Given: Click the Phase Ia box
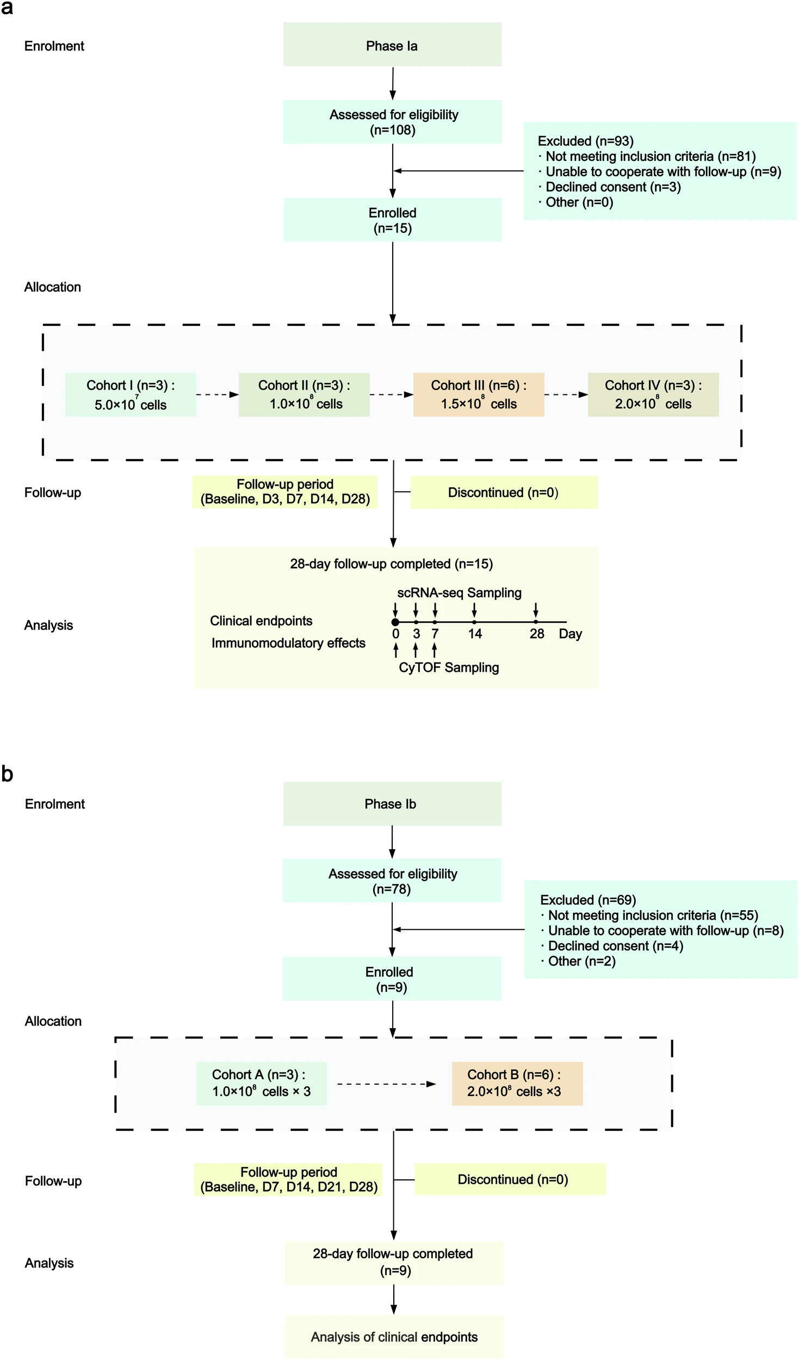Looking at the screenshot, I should [x=392, y=45].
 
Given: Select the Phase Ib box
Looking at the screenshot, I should [x=392, y=803].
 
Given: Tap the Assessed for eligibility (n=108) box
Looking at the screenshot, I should [x=392, y=122].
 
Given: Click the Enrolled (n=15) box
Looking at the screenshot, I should [x=392, y=220].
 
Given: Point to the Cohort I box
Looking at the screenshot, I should [x=131, y=394].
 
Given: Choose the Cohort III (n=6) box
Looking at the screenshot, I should [x=479, y=394].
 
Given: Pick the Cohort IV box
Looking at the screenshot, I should [x=653, y=394].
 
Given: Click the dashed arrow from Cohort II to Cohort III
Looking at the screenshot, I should [x=391, y=394].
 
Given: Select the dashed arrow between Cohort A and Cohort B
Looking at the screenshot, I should [x=386, y=1084].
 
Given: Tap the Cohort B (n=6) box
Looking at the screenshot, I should [x=517, y=1083].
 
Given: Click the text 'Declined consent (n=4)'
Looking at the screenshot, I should [x=615, y=946].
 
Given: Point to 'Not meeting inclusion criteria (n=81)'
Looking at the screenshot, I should [x=651, y=157].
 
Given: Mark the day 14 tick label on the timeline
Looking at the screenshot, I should [x=475, y=634].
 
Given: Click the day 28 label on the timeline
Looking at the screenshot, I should [x=537, y=634].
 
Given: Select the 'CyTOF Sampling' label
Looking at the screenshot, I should [x=449, y=667].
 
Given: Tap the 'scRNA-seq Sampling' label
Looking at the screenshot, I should [x=459, y=593].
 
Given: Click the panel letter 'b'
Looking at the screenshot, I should [x=7, y=774].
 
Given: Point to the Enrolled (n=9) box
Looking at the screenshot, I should [x=392, y=979].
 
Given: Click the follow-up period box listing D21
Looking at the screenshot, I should [x=288, y=1179].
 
